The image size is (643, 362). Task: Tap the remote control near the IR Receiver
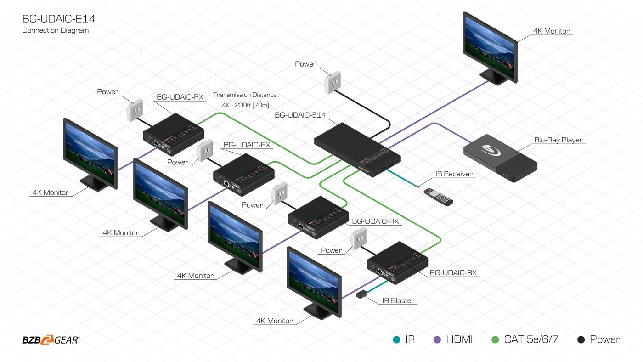pos(438,196)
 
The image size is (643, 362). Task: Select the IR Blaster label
pos(398,301)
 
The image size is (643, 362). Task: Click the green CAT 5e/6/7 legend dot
pos(495,340)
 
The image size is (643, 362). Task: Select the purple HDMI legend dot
pos(437,340)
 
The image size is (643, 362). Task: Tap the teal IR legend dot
pos(396,340)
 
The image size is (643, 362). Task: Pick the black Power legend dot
pos(581,340)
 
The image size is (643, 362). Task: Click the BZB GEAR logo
pos(51,340)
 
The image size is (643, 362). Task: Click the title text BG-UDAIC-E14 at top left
pos(59,19)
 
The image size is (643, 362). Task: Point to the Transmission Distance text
pos(245,95)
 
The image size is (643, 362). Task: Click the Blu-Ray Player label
pos(558,140)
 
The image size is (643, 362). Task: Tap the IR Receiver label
pos(454,174)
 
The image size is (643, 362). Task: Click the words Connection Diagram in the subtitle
pos(56,30)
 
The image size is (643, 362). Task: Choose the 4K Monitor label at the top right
pos(551,31)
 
